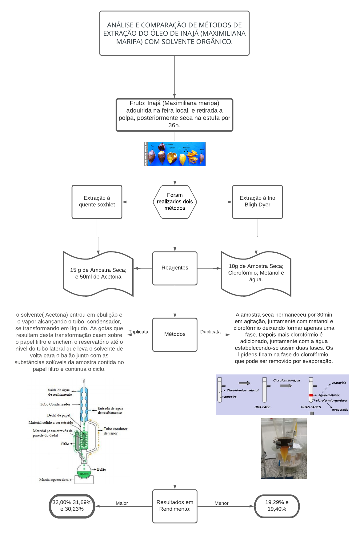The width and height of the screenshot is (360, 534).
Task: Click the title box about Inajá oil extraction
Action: (174, 33)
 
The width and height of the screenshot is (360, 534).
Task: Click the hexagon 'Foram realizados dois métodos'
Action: (175, 202)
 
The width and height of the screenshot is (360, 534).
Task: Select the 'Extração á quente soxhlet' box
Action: (97, 202)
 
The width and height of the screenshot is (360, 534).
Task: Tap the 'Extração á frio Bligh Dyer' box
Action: (258, 202)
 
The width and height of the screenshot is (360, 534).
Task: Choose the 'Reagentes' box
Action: (175, 268)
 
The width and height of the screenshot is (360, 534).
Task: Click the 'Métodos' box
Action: (175, 334)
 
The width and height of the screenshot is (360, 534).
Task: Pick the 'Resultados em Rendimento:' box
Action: (175, 506)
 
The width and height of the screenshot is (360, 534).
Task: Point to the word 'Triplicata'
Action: (138, 332)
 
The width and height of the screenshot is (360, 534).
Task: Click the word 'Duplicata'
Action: (210, 332)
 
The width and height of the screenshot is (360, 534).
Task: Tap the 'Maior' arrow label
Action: (122, 503)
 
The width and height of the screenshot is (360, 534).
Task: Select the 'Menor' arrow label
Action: (222, 503)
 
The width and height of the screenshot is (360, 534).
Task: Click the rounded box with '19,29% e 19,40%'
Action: (277, 506)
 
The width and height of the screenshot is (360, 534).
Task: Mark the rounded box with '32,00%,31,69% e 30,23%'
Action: (72, 506)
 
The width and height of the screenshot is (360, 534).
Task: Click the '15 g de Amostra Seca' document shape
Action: (98, 273)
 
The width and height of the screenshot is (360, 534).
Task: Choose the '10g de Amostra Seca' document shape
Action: (256, 273)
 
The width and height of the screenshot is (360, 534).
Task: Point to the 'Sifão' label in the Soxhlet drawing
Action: (65, 444)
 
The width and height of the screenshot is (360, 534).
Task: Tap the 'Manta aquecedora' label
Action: (54, 480)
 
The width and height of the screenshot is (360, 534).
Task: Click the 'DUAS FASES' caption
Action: (311, 407)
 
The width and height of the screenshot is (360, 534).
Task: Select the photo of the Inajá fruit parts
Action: (175, 154)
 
